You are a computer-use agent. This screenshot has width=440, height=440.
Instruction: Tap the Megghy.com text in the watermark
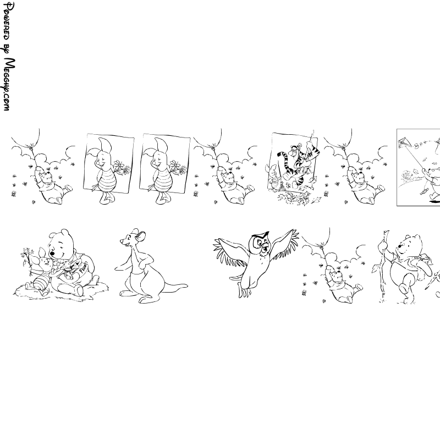tap(9, 84)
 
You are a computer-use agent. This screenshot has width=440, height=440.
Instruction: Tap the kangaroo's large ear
tap(140, 237)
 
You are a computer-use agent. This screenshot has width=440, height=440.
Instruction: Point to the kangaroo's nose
tap(121, 241)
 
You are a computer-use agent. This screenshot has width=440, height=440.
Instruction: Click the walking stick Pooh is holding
tap(383, 266)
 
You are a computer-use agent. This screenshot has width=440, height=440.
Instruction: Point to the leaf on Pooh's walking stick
tap(375, 268)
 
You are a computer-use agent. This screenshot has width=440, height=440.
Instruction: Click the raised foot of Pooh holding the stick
tap(404, 288)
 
